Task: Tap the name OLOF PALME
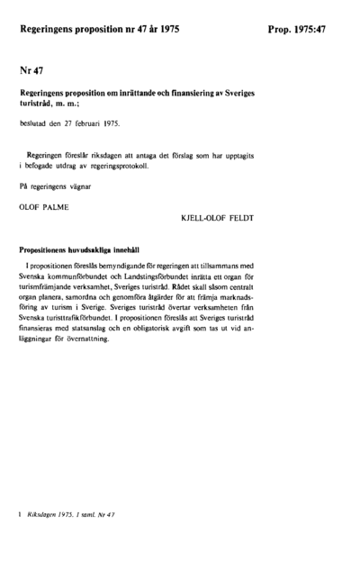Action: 44,205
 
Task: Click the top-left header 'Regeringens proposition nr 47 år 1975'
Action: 99,30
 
